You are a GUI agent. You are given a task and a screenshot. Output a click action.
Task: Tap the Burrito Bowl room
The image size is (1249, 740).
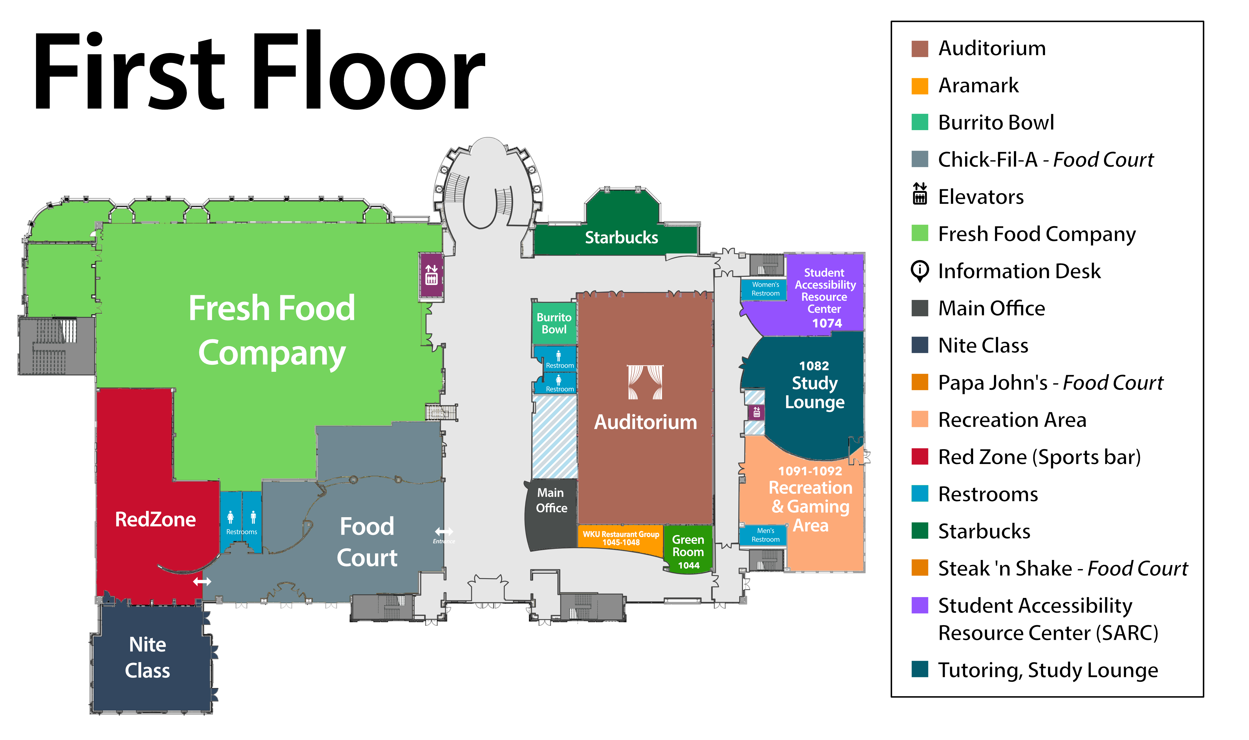[x=554, y=323]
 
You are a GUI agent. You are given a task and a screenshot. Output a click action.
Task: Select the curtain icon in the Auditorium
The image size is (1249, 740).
[x=645, y=382]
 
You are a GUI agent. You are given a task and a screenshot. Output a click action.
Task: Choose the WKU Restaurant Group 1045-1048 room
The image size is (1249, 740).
[x=621, y=538]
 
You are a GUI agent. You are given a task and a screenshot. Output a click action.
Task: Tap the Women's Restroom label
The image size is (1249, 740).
[x=765, y=289]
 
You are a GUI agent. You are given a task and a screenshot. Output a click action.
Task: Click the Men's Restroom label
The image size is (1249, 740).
[x=765, y=535]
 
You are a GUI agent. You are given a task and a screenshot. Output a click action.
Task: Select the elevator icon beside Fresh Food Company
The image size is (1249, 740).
[x=432, y=275]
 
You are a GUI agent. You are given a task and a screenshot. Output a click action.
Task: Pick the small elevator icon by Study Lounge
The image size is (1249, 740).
[x=756, y=412]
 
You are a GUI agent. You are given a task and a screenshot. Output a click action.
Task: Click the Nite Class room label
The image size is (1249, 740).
[x=148, y=657]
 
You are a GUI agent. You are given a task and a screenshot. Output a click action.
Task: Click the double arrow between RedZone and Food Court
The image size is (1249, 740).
[x=202, y=582]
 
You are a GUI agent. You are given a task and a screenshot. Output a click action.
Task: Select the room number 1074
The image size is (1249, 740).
[x=827, y=323]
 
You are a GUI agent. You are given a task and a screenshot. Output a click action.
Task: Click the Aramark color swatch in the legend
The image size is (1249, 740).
[x=919, y=86]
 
